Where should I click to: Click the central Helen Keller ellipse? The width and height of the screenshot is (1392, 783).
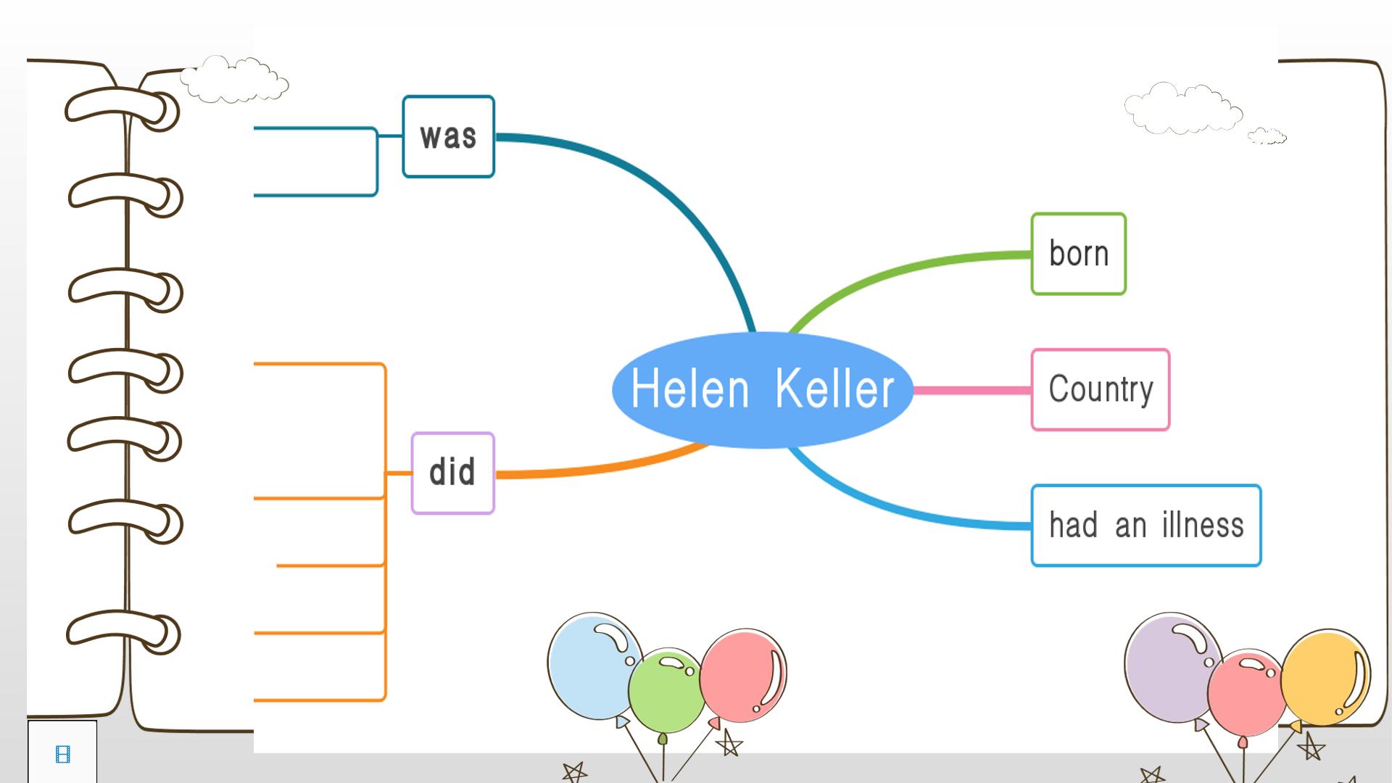tap(763, 390)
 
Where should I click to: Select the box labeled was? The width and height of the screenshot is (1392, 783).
tap(449, 136)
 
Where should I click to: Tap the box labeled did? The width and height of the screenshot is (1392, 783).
tap(453, 473)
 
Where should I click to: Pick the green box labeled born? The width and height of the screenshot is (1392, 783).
tap(1079, 254)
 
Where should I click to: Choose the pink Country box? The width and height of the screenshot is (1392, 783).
tap(1101, 390)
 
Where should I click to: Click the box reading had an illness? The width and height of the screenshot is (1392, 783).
tap(1146, 526)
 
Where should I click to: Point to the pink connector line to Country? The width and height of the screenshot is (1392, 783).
tap(972, 390)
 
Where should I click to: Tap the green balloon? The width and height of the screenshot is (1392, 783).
tap(666, 691)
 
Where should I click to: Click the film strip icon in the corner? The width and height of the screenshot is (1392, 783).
tap(63, 755)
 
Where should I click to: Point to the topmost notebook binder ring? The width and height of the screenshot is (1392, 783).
tap(122, 109)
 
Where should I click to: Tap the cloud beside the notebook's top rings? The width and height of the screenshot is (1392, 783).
tap(234, 79)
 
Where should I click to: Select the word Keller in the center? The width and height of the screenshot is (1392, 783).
tap(834, 389)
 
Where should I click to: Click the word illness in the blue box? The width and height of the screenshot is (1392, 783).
tap(1203, 525)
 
